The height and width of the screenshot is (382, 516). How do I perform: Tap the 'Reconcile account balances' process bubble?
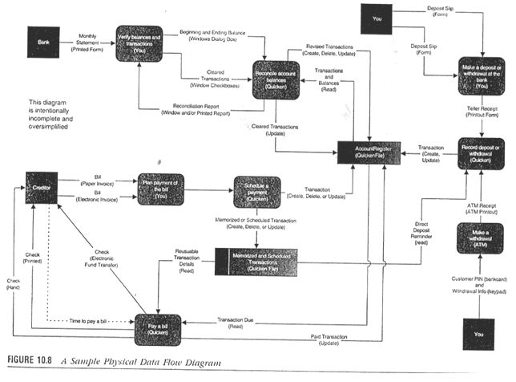(x=275, y=78)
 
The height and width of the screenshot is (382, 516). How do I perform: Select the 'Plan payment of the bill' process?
(x=161, y=190)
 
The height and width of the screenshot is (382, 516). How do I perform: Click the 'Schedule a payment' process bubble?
(x=256, y=192)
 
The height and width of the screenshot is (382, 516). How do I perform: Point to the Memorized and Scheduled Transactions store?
(x=255, y=262)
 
